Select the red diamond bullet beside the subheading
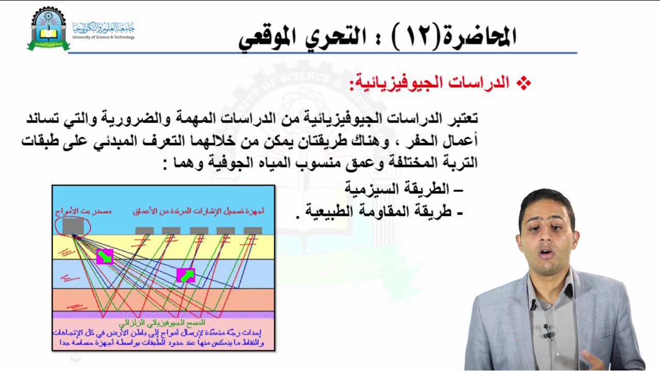tap(524, 83)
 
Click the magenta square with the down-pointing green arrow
tap(105, 256)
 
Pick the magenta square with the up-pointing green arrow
tap(186, 276)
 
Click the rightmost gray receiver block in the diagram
tap(253, 230)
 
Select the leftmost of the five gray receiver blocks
tap(144, 230)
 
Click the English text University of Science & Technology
tap(104, 37)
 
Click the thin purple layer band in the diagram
tap(163, 314)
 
